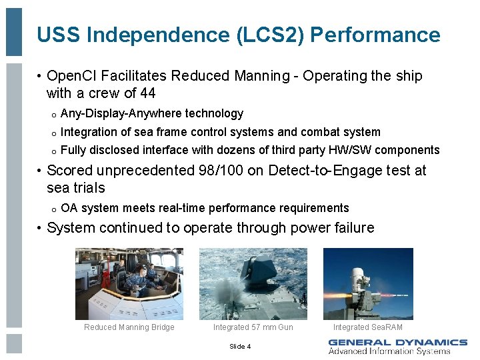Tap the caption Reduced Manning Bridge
pyautogui.click(x=129, y=327)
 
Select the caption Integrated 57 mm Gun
pyautogui.click(x=253, y=327)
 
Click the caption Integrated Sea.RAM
pyautogui.click(x=368, y=327)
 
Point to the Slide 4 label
pyautogui.click(x=240, y=346)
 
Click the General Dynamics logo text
pyautogui.click(x=397, y=343)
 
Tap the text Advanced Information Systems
pyautogui.click(x=389, y=351)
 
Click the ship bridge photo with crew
pyautogui.click(x=129, y=283)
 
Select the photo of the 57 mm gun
pyautogui.click(x=253, y=283)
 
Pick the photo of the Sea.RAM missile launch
pyautogui.click(x=368, y=283)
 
